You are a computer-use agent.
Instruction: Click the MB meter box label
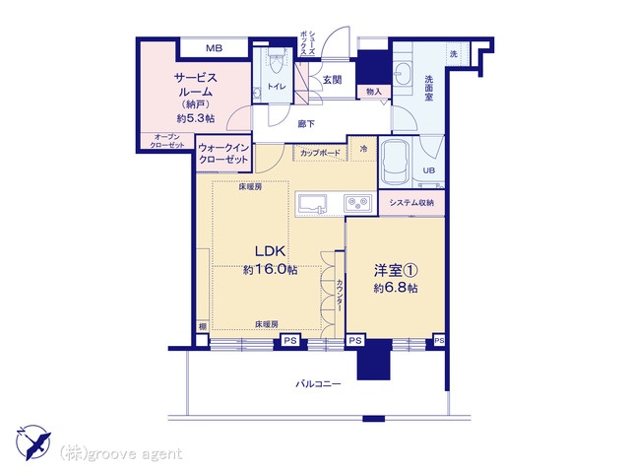[x=215, y=48]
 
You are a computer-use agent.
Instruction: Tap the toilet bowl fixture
[x=276, y=63]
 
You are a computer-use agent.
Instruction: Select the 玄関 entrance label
[x=333, y=80]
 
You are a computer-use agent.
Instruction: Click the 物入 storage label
[x=374, y=92]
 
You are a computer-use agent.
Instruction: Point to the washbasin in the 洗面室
[x=403, y=74]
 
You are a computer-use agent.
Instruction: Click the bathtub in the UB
[x=397, y=162]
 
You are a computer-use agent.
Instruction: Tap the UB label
[x=429, y=170]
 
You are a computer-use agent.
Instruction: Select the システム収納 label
[x=411, y=203]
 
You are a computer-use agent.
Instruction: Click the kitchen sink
[x=312, y=203]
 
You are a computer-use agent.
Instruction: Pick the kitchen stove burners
[x=357, y=203]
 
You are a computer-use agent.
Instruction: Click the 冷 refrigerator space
[x=363, y=149]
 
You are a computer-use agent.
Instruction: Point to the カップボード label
[x=320, y=153]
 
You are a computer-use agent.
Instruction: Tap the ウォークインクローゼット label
[x=223, y=154]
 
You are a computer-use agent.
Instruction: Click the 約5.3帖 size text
[x=196, y=118]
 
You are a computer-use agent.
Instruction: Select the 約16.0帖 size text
[x=270, y=269]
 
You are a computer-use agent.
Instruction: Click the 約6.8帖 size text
[x=396, y=288]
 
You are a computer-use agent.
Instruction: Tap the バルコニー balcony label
[x=318, y=384]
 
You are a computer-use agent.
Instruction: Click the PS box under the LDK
[x=290, y=342]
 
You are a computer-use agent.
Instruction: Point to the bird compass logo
[x=33, y=441]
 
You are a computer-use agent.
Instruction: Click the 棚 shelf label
[x=203, y=326]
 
